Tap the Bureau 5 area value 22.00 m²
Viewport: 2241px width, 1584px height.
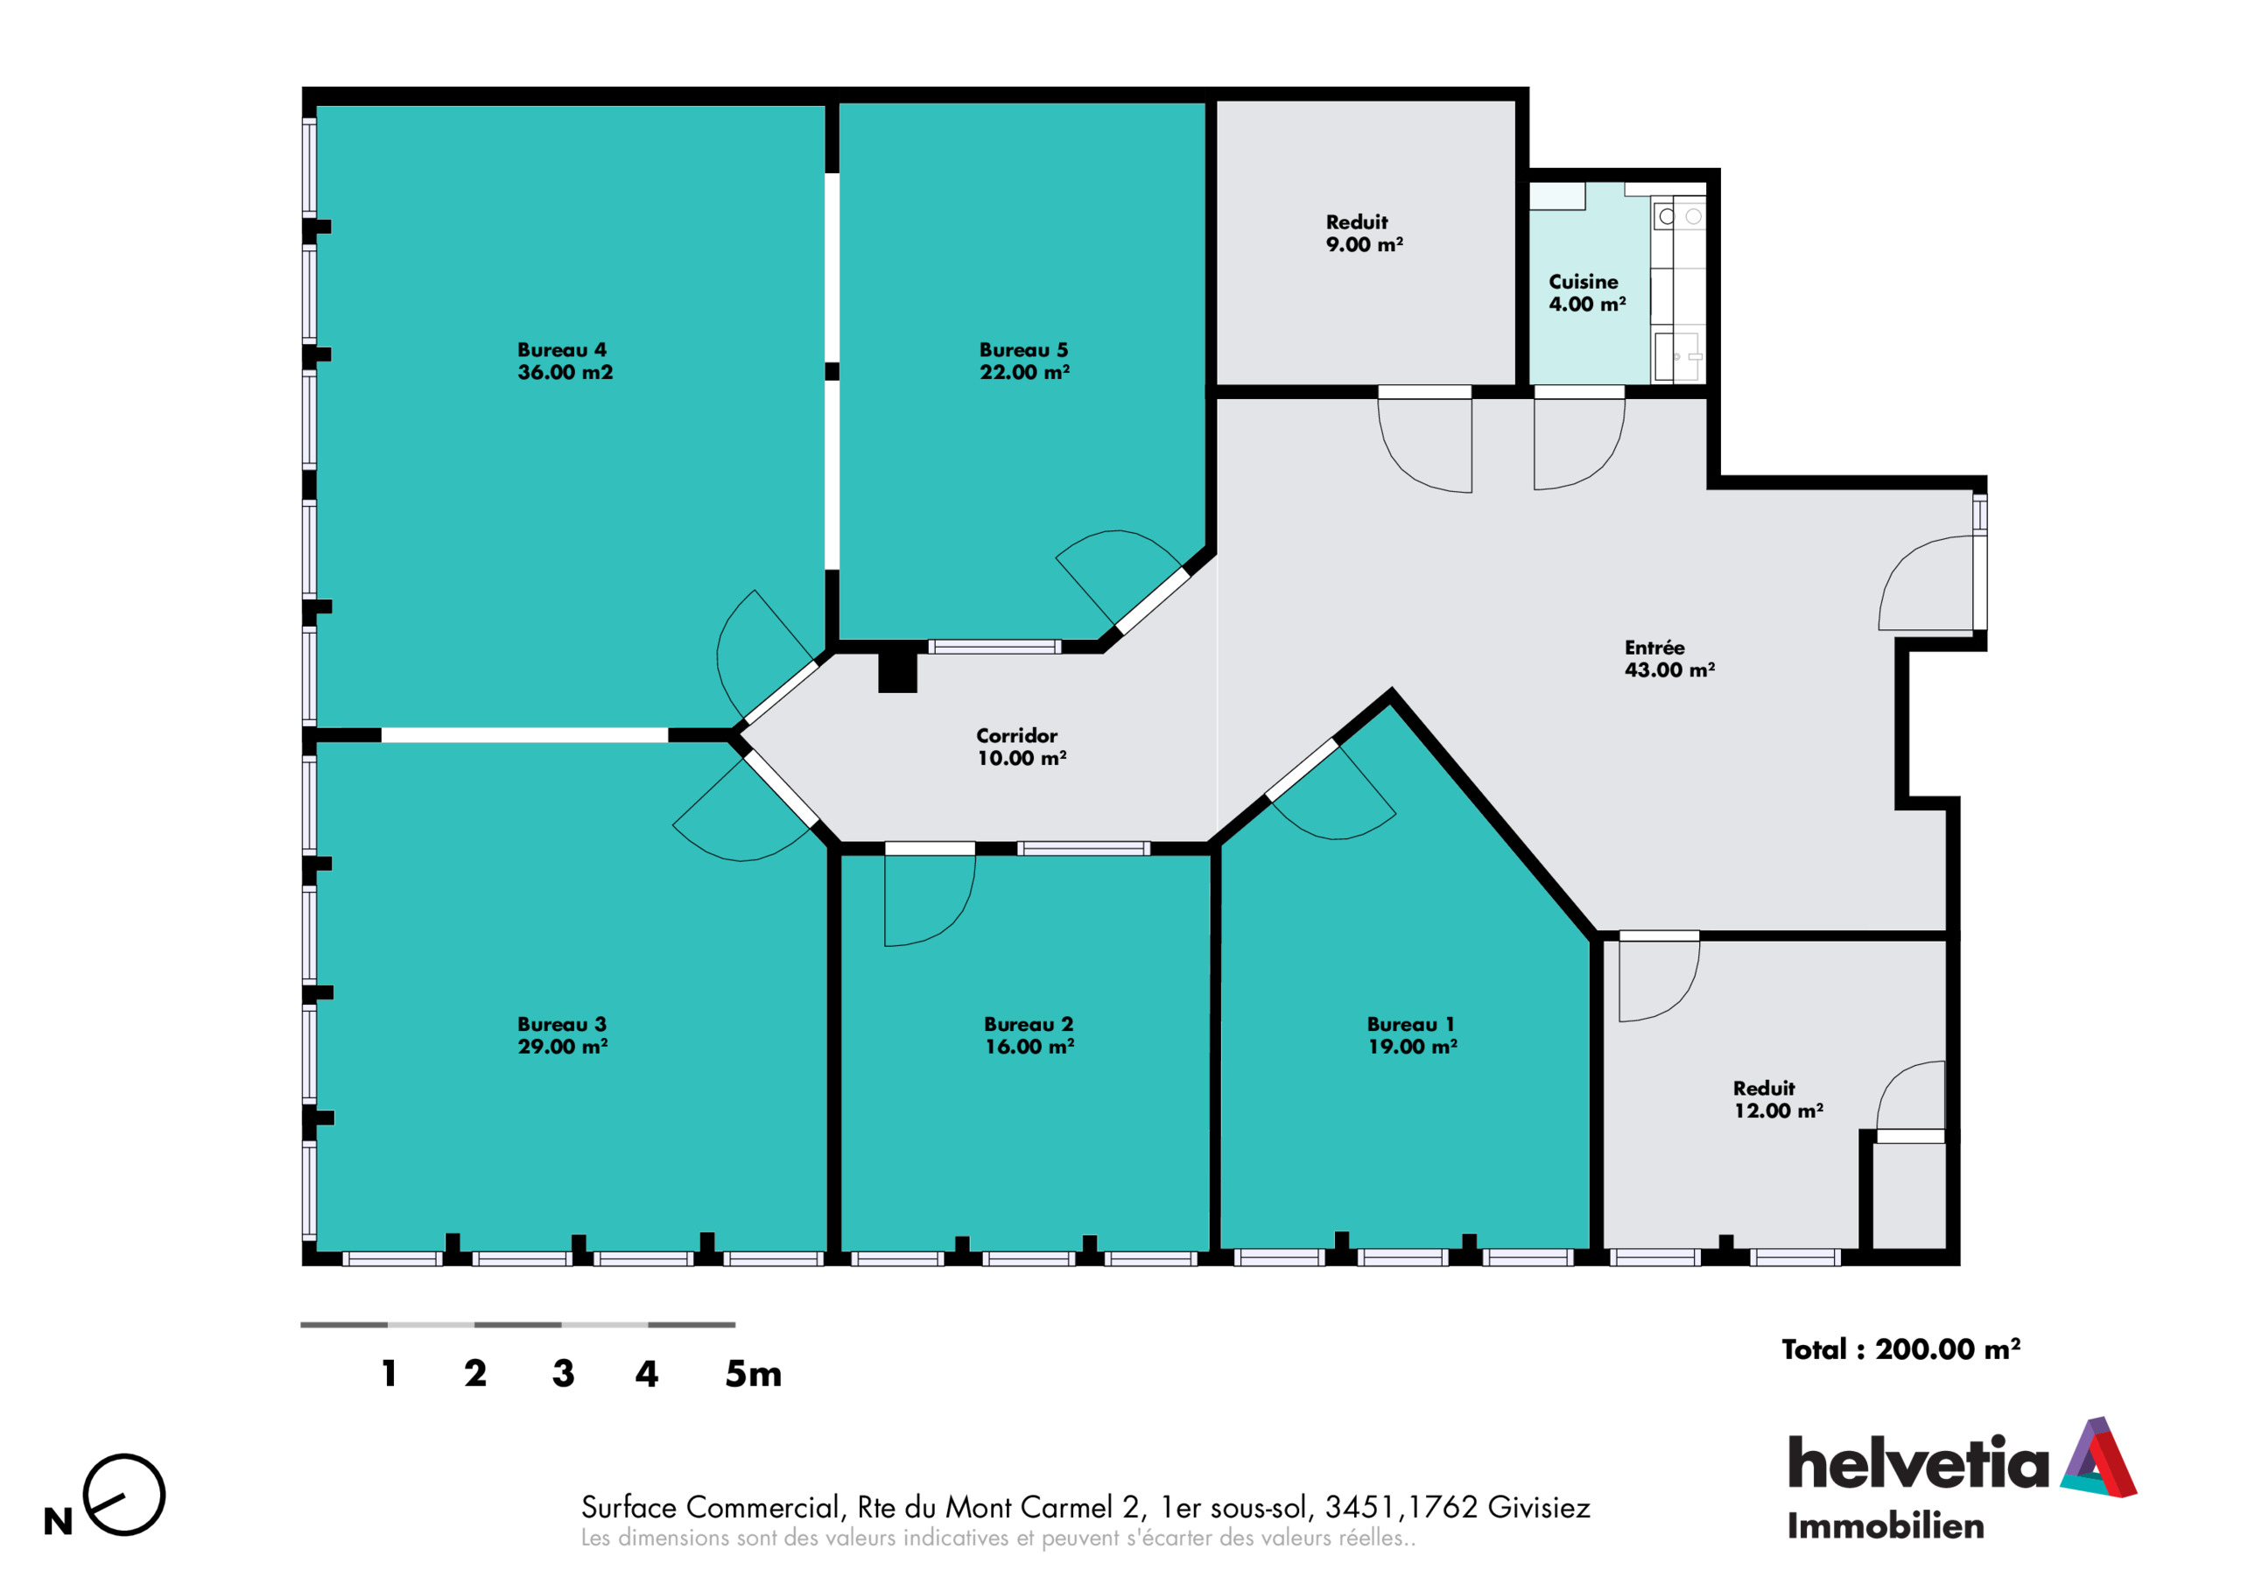point(1025,373)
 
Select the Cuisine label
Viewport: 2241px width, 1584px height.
point(1584,282)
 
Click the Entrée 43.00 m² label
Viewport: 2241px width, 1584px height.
point(1669,659)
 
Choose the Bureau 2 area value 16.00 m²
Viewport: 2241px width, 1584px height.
point(1029,1048)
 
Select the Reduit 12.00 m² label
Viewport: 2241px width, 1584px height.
point(1778,1099)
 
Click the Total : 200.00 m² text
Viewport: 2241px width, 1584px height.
point(1900,1349)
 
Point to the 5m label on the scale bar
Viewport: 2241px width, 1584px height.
point(753,1374)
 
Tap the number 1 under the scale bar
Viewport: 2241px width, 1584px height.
point(390,1374)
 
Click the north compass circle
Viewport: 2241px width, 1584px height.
point(124,1494)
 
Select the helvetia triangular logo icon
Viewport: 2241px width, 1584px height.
point(2098,1458)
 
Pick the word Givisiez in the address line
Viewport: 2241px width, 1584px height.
point(1538,1508)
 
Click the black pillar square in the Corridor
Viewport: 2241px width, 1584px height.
point(897,672)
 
